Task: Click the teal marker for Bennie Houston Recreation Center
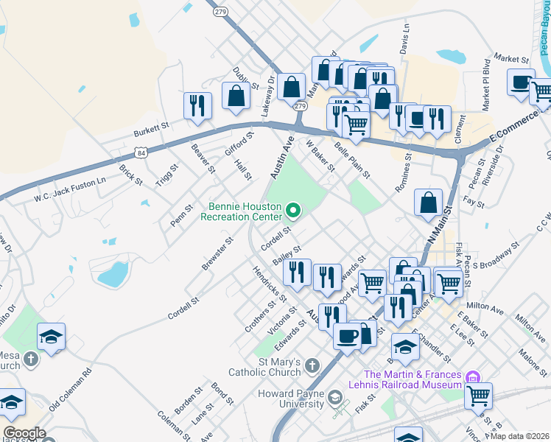pyautogui.click(x=293, y=212)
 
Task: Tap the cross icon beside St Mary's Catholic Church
pyautogui.click(x=312, y=365)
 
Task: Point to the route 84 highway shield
pyautogui.click(x=139, y=152)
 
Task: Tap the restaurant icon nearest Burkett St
pyautogui.click(x=197, y=106)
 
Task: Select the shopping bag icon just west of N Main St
pyautogui.click(x=428, y=203)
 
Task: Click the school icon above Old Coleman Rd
pyautogui.click(x=51, y=337)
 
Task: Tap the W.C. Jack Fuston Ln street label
pyautogui.click(x=71, y=189)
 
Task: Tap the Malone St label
pyautogui.click(x=532, y=362)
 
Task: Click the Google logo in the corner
pyautogui.click(x=24, y=433)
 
